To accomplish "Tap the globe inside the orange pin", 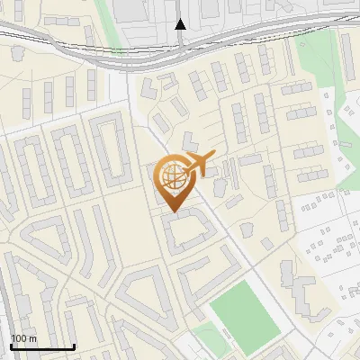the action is coord(172,176).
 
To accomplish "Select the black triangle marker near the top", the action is coord(180,24).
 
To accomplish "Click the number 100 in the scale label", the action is coord(19,338).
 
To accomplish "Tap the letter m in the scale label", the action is coord(33,338).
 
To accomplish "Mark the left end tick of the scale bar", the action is coord(11,346).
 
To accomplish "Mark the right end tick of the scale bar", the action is coord(74,346).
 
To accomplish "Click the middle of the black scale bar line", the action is coord(42,347).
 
